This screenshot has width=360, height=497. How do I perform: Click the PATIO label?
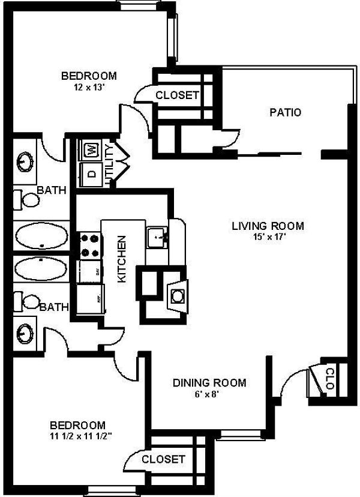285,112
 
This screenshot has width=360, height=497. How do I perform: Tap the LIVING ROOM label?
268,226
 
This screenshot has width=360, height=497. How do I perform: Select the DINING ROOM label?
209,383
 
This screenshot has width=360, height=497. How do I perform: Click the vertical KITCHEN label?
121,258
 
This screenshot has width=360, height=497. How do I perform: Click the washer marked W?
92,149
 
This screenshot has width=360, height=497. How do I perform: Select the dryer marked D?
92,173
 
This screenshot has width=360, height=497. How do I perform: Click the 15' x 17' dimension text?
268,236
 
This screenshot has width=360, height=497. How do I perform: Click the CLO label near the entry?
329,379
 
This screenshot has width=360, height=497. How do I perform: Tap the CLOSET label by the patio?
177,95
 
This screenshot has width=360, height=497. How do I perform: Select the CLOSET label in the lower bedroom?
163,459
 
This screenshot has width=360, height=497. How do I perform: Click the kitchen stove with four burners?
89,244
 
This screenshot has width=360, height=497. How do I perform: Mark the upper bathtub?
40,237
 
